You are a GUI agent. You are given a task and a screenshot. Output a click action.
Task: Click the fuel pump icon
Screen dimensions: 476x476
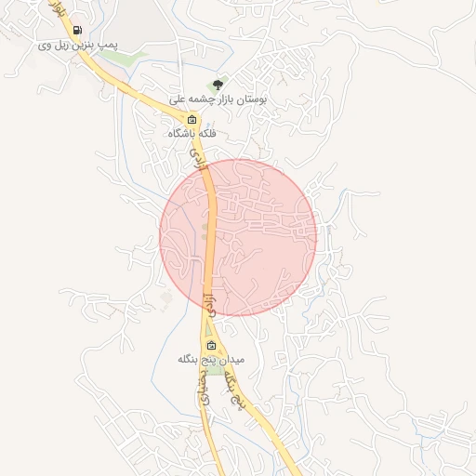click(76, 31)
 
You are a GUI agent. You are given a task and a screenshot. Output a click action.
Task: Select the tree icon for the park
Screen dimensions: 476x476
click(219, 85)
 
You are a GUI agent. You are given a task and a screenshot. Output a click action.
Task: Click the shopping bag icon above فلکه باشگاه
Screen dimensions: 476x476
click(192, 120)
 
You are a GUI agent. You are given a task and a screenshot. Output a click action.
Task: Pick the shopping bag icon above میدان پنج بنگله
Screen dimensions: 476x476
click(211, 346)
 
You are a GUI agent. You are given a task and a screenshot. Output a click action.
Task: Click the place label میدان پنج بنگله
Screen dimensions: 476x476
click(211, 359)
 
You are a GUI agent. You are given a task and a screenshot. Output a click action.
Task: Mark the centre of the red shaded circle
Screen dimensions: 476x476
click(238, 237)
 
